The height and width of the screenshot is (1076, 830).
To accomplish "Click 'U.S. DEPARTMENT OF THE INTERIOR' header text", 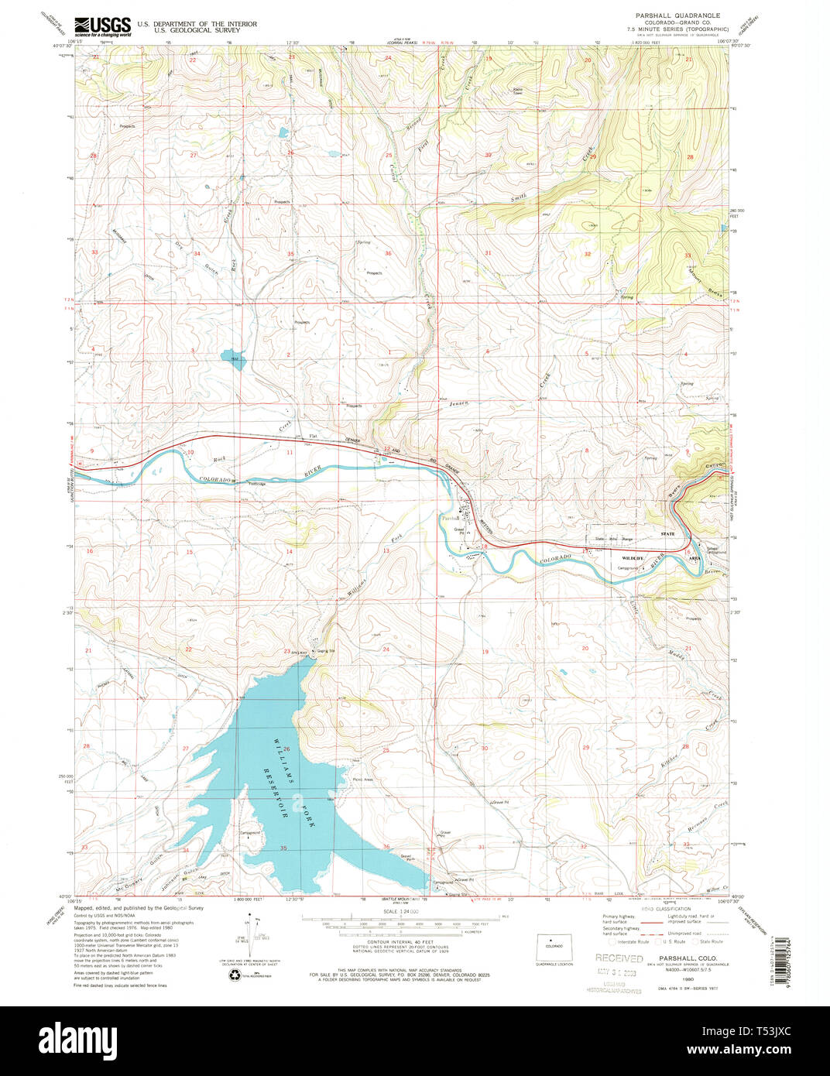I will pyautogui.click(x=197, y=24).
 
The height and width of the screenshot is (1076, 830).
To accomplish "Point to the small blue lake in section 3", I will pyautogui.click(x=232, y=358).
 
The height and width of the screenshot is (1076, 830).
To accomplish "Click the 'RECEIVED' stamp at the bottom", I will pyautogui.click(x=619, y=958).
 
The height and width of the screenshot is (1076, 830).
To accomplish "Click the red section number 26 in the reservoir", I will pyautogui.click(x=287, y=749).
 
